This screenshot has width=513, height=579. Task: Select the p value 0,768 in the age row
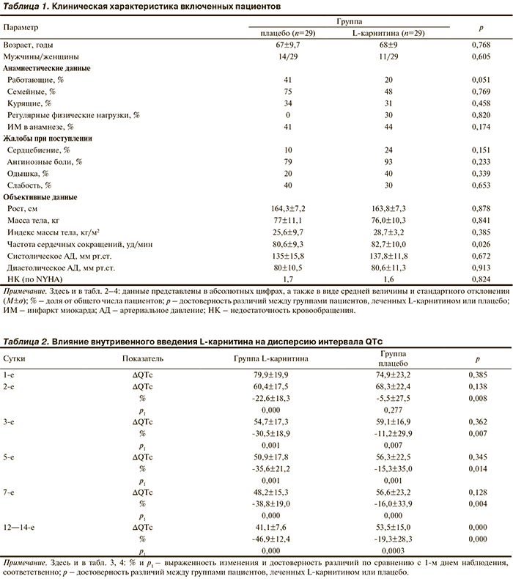coord(479,45)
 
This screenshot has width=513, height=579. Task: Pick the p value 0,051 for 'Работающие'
coord(479,80)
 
